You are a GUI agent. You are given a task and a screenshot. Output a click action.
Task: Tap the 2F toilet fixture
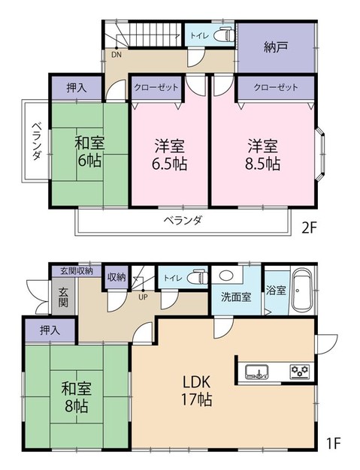coord(224,35)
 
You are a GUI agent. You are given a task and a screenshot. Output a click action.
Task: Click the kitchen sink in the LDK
coord(256,369)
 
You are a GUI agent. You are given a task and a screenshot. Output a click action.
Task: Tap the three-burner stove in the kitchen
coord(301,370)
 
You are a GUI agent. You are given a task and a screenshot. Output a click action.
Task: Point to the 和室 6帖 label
coord(88,150)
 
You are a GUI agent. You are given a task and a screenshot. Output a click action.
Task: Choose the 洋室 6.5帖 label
coord(171,154)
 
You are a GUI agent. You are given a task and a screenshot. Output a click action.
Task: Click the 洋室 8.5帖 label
coord(262,154)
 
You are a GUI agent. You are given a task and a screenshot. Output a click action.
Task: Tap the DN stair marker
coord(116,54)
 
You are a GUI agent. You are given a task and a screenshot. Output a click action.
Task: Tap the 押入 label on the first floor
coord(50,329)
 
